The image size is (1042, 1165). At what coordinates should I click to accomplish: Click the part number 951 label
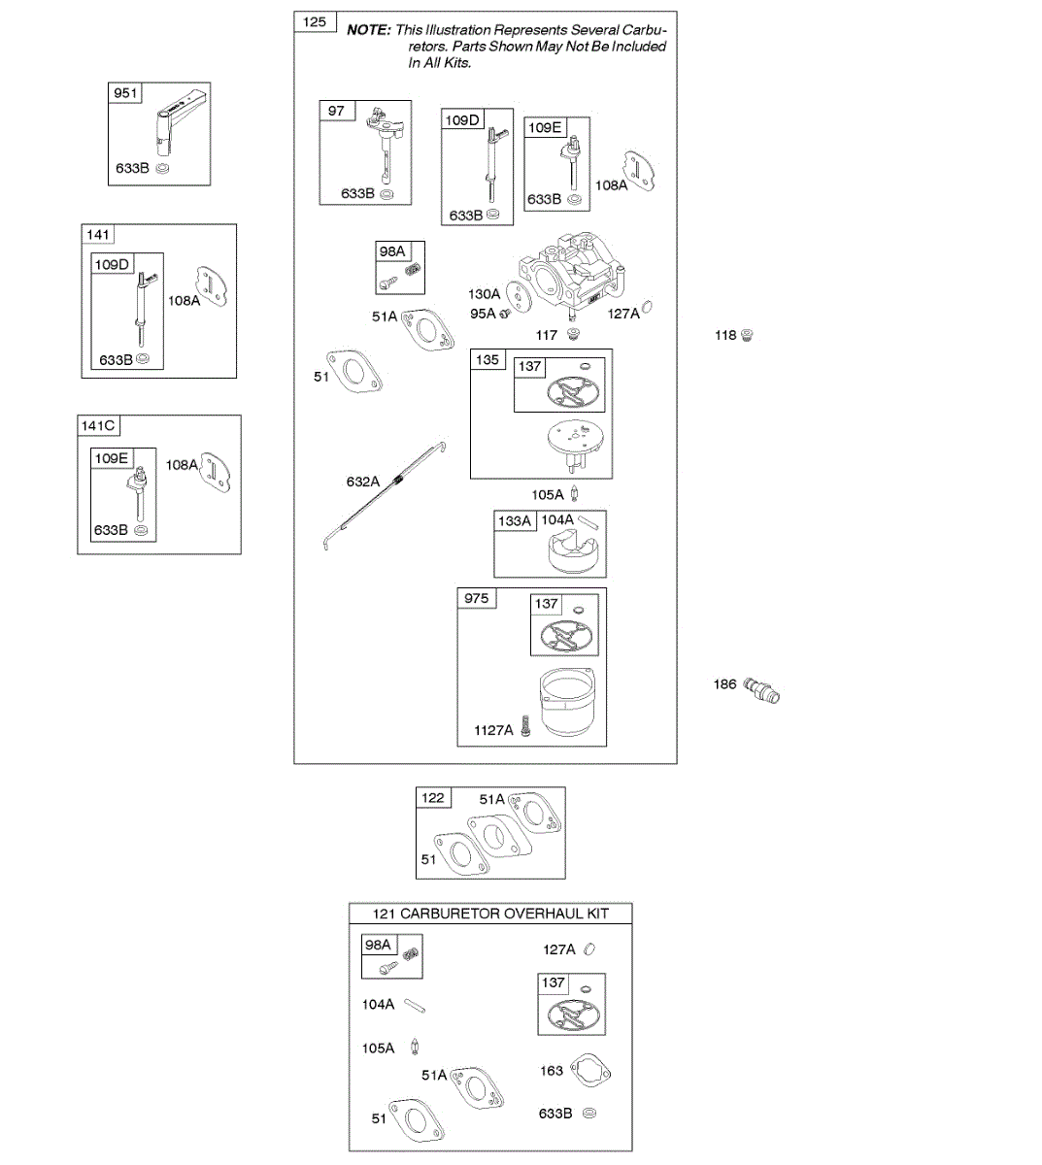tap(125, 93)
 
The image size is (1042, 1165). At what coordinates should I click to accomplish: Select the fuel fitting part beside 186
tap(762, 690)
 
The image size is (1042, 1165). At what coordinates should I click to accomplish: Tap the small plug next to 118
tap(746, 335)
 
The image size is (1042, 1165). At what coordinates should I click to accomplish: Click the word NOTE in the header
tap(368, 30)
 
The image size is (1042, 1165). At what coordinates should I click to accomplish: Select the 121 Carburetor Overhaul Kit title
tap(490, 914)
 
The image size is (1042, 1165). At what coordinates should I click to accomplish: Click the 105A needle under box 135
tap(574, 494)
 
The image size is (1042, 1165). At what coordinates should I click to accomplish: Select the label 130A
tap(484, 294)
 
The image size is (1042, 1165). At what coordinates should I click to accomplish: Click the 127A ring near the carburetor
tap(647, 308)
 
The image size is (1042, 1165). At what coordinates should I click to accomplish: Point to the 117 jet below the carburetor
tap(573, 335)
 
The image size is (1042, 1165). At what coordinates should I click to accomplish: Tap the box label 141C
tap(98, 426)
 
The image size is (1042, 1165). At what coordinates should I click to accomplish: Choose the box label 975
tap(476, 598)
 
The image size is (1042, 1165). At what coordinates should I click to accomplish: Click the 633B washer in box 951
tap(162, 168)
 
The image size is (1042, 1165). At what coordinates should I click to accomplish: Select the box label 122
tap(433, 798)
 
